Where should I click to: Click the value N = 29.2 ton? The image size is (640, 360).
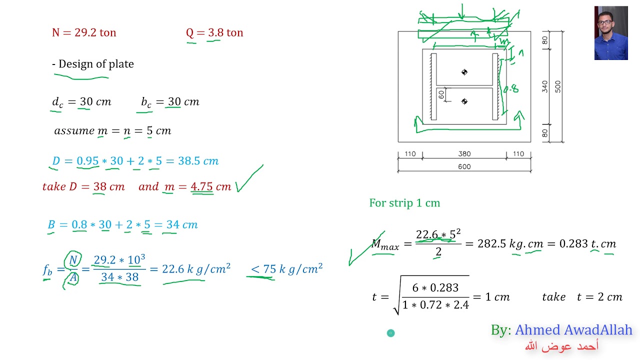(84, 33)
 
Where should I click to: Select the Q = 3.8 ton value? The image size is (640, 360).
(214, 33)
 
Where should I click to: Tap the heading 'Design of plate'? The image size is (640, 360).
(93, 64)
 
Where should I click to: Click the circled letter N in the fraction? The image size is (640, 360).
(73, 260)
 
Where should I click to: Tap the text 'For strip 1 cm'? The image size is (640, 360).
(404, 203)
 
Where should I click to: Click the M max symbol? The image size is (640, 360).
(385, 244)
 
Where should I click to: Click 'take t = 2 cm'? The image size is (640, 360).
(582, 297)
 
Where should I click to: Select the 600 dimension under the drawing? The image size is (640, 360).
(464, 167)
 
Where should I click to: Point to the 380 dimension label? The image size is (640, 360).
(464, 154)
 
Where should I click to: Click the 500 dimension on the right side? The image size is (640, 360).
(558, 86)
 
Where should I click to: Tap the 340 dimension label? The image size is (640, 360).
(545, 86)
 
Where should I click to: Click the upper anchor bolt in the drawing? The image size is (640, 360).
(464, 72)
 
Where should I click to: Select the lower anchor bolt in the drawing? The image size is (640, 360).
(464, 101)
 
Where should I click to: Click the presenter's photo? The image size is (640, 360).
(610, 33)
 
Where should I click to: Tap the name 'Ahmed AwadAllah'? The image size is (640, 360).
(573, 330)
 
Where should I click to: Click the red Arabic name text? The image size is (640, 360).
(561, 346)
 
